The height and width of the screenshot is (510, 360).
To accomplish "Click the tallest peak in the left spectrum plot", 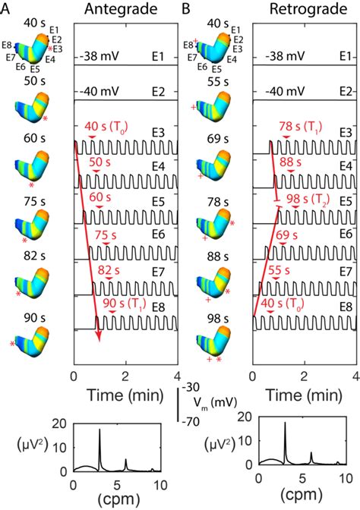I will (x=99, y=430).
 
